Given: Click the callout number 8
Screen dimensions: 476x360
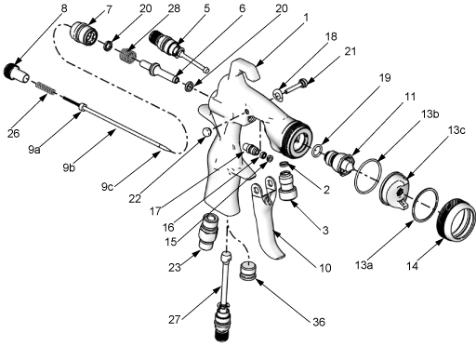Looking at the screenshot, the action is (x=64, y=8).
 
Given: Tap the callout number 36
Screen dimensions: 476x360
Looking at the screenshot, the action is (x=319, y=322).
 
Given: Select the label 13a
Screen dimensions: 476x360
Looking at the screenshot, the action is (x=364, y=265).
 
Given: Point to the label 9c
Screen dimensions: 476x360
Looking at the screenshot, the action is (x=107, y=187).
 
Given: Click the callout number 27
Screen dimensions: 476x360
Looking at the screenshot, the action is (x=175, y=319).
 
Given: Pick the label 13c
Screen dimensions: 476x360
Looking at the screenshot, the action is (x=456, y=130).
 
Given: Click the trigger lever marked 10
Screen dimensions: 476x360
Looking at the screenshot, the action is (x=268, y=217).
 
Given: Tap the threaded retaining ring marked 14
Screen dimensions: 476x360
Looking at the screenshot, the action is (x=456, y=220).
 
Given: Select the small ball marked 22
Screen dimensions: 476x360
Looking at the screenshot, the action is (x=206, y=131).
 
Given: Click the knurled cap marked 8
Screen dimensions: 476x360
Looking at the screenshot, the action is (x=17, y=73).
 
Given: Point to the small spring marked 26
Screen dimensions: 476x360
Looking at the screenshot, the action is (x=46, y=87).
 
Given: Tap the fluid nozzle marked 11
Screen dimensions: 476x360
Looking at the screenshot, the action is (x=338, y=161).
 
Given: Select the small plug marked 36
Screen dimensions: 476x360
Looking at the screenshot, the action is (x=247, y=271).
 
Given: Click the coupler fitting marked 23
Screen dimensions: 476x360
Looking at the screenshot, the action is (x=208, y=231).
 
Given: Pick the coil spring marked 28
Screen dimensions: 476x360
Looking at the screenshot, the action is (x=128, y=55).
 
